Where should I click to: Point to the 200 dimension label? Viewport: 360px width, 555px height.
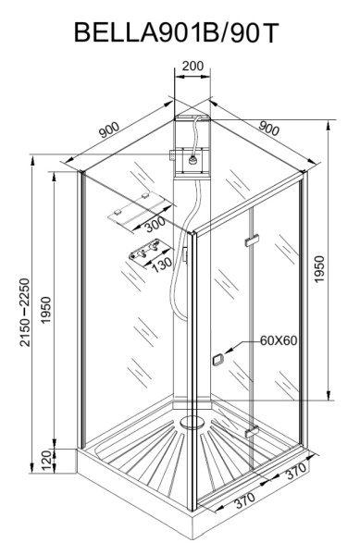tap(193, 67)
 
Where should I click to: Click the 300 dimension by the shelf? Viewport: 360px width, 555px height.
tap(154, 224)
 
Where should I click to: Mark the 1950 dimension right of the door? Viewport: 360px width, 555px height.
tap(321, 268)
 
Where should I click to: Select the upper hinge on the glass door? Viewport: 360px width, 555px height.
tap(247, 242)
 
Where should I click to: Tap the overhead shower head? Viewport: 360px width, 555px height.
tap(192, 159)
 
